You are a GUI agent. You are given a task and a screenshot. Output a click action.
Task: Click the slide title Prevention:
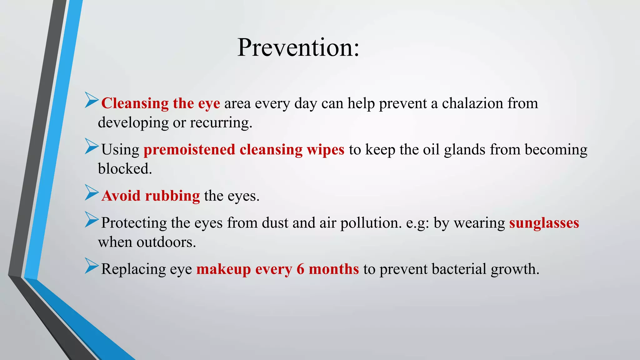(298, 47)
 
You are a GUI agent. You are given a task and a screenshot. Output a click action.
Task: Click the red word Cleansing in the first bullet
(135, 103)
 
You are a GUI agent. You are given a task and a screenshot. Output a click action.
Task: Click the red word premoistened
(189, 150)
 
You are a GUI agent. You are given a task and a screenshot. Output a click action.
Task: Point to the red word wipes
(325, 150)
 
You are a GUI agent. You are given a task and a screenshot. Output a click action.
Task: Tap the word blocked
(125, 169)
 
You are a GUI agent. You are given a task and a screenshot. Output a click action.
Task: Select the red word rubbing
(172, 196)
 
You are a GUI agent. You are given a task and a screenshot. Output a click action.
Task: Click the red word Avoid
(121, 196)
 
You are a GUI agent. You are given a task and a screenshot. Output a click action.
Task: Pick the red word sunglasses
(544, 223)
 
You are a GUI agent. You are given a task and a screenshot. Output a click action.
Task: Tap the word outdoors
(166, 242)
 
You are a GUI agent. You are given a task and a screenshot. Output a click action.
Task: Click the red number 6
(300, 269)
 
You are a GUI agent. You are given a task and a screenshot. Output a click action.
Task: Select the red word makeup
(223, 269)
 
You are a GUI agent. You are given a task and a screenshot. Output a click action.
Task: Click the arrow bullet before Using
(91, 146)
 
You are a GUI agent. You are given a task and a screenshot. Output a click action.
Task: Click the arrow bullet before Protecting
(91, 219)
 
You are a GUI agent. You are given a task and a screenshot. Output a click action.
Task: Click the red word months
(334, 269)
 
